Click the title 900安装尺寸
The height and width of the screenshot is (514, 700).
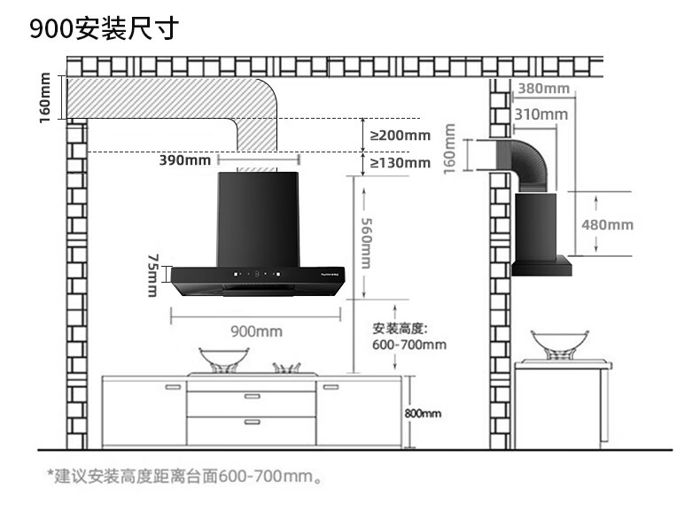pyautogui.click(x=104, y=28)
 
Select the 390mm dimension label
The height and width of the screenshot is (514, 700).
pyautogui.click(x=185, y=160)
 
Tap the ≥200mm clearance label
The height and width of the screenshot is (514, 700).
pyautogui.click(x=400, y=136)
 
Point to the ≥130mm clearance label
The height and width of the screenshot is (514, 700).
pyautogui.click(x=400, y=162)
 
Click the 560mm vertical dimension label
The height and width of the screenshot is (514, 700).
pyautogui.click(x=366, y=243)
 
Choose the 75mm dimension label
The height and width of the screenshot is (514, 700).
pyautogui.click(x=153, y=276)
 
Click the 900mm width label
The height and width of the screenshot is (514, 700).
pyautogui.click(x=256, y=331)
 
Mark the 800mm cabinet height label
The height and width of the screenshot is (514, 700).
pyautogui.click(x=423, y=414)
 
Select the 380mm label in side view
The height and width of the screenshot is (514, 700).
pyautogui.click(x=543, y=89)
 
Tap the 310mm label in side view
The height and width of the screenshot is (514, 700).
pyautogui.click(x=541, y=115)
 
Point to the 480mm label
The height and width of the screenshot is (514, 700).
pyautogui.click(x=607, y=224)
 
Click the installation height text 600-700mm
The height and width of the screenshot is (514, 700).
pyautogui.click(x=409, y=345)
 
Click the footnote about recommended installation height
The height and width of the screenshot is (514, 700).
pyautogui.click(x=185, y=477)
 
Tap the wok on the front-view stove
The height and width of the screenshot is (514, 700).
pyautogui.click(x=223, y=360)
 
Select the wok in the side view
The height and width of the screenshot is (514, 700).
pyautogui.click(x=559, y=345)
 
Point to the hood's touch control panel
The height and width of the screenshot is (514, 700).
pyautogui.click(x=258, y=274)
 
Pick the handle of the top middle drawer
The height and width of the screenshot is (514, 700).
pyautogui.click(x=253, y=396)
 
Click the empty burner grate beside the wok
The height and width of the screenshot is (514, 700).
pyautogui.click(x=286, y=368)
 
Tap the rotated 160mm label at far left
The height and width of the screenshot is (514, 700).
pyautogui.click(x=44, y=97)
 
